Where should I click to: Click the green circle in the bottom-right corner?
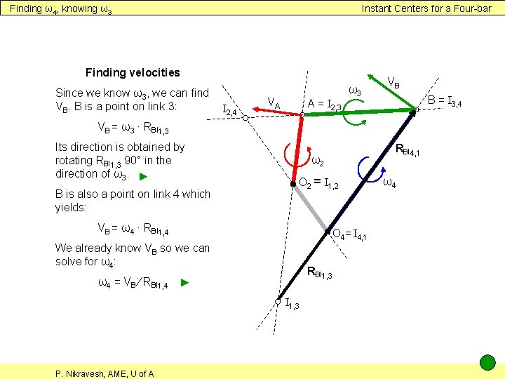coord(487,363)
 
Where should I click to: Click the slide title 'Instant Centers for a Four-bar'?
coord(426,8)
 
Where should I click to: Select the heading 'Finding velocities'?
coord(133,72)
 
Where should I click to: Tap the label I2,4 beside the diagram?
coord(229,109)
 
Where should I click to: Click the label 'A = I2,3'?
coord(324,105)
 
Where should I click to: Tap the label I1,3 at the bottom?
coord(292,303)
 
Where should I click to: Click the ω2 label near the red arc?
coord(317,161)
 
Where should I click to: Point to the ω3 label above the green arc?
coord(356,91)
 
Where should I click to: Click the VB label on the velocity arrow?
coord(394,84)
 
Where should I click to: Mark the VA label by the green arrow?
coord(273,103)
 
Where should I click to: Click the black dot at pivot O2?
coord(293,183)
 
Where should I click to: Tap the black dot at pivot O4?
coord(327,232)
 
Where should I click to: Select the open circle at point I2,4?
coord(245,119)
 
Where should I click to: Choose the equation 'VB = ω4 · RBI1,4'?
coord(133,228)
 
